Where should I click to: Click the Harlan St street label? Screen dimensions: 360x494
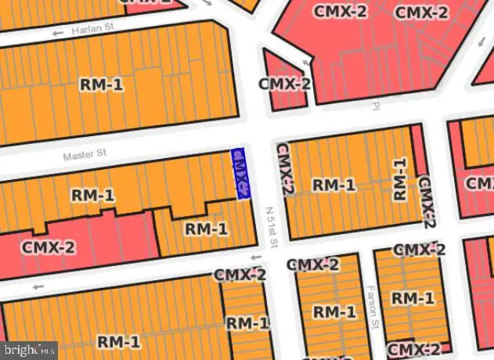click(x=92, y=31)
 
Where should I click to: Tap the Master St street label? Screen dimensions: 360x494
click(x=84, y=155)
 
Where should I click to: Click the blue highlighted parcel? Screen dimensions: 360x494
click(x=240, y=173)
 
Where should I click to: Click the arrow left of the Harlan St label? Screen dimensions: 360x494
click(x=56, y=33)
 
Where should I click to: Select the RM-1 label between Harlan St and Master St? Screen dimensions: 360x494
click(x=101, y=85)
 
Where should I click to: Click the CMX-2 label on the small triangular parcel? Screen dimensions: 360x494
click(x=285, y=84)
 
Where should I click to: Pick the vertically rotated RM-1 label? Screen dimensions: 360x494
click(x=400, y=179)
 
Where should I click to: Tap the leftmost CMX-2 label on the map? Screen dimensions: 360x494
click(x=49, y=247)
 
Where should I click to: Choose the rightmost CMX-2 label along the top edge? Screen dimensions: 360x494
click(x=421, y=13)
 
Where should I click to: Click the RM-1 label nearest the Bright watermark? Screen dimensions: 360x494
click(x=119, y=341)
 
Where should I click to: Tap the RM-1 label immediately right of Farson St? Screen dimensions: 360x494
click(x=412, y=297)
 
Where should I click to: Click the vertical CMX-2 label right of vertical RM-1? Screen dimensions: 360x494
click(x=426, y=201)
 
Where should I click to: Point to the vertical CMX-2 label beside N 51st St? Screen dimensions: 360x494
click(x=284, y=168)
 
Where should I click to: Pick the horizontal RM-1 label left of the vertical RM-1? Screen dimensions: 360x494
click(x=334, y=185)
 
